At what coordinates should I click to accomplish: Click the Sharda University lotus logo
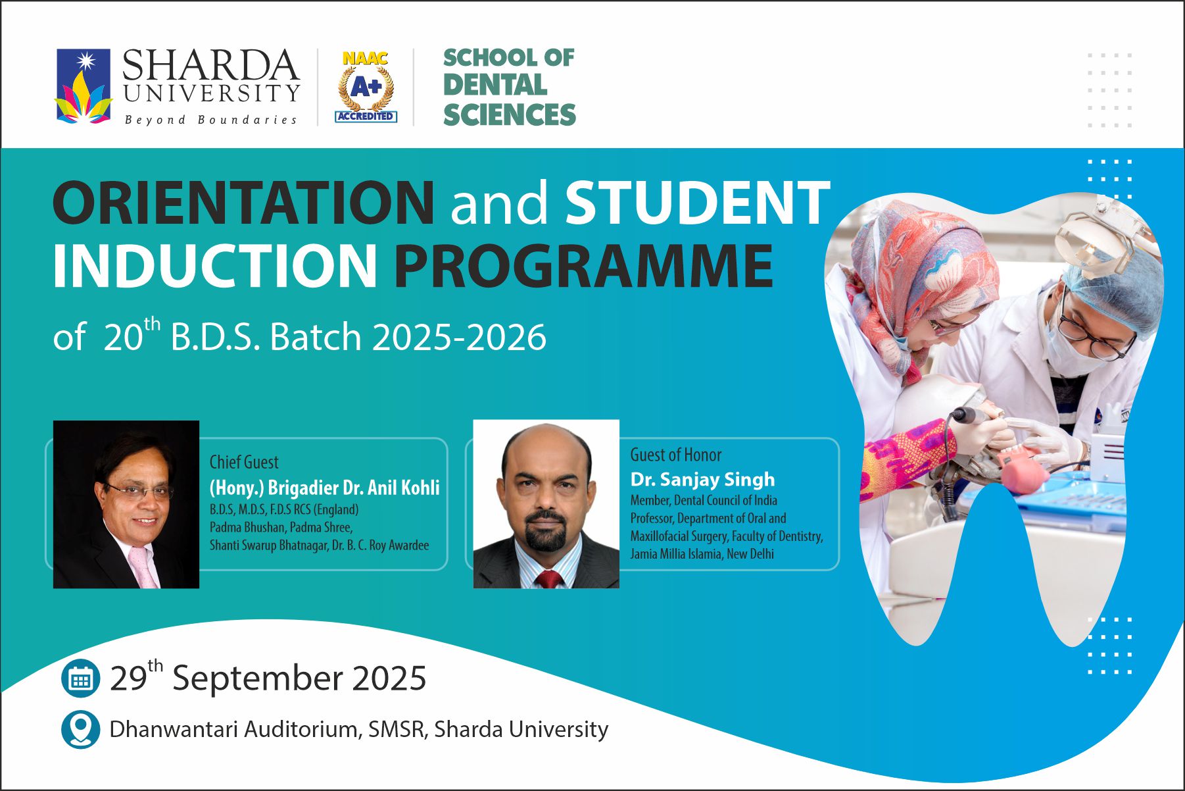tap(84, 86)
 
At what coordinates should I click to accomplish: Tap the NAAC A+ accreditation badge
tap(366, 87)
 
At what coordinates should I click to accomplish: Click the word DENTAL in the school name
tap(495, 86)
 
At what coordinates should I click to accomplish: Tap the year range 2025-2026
tap(459, 337)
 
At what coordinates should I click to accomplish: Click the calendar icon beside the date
tap(80, 678)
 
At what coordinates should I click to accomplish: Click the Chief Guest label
tap(244, 462)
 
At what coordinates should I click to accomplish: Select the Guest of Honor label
tap(676, 455)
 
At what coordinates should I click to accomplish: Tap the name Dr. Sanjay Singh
tap(702, 479)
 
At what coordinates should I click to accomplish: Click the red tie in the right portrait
tap(549, 579)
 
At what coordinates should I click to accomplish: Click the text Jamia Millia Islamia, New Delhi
tap(702, 554)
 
